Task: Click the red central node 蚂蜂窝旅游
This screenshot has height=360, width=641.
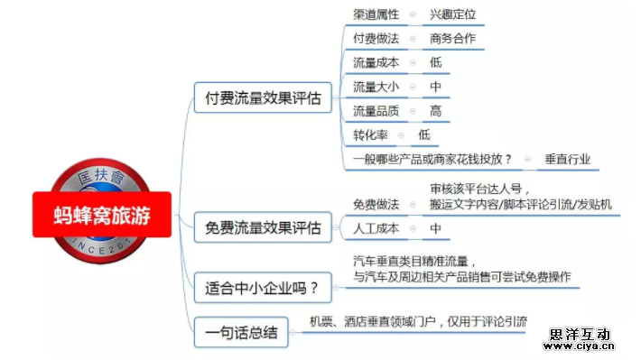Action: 102,216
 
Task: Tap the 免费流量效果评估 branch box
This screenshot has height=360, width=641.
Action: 263,228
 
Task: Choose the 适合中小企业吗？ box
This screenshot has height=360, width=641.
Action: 263,289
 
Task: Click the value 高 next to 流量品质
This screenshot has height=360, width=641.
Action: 436,111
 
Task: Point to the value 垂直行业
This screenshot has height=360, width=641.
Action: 568,160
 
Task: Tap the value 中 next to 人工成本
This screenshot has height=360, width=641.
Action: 436,229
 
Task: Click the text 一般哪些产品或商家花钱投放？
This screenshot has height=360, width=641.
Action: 432,160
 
